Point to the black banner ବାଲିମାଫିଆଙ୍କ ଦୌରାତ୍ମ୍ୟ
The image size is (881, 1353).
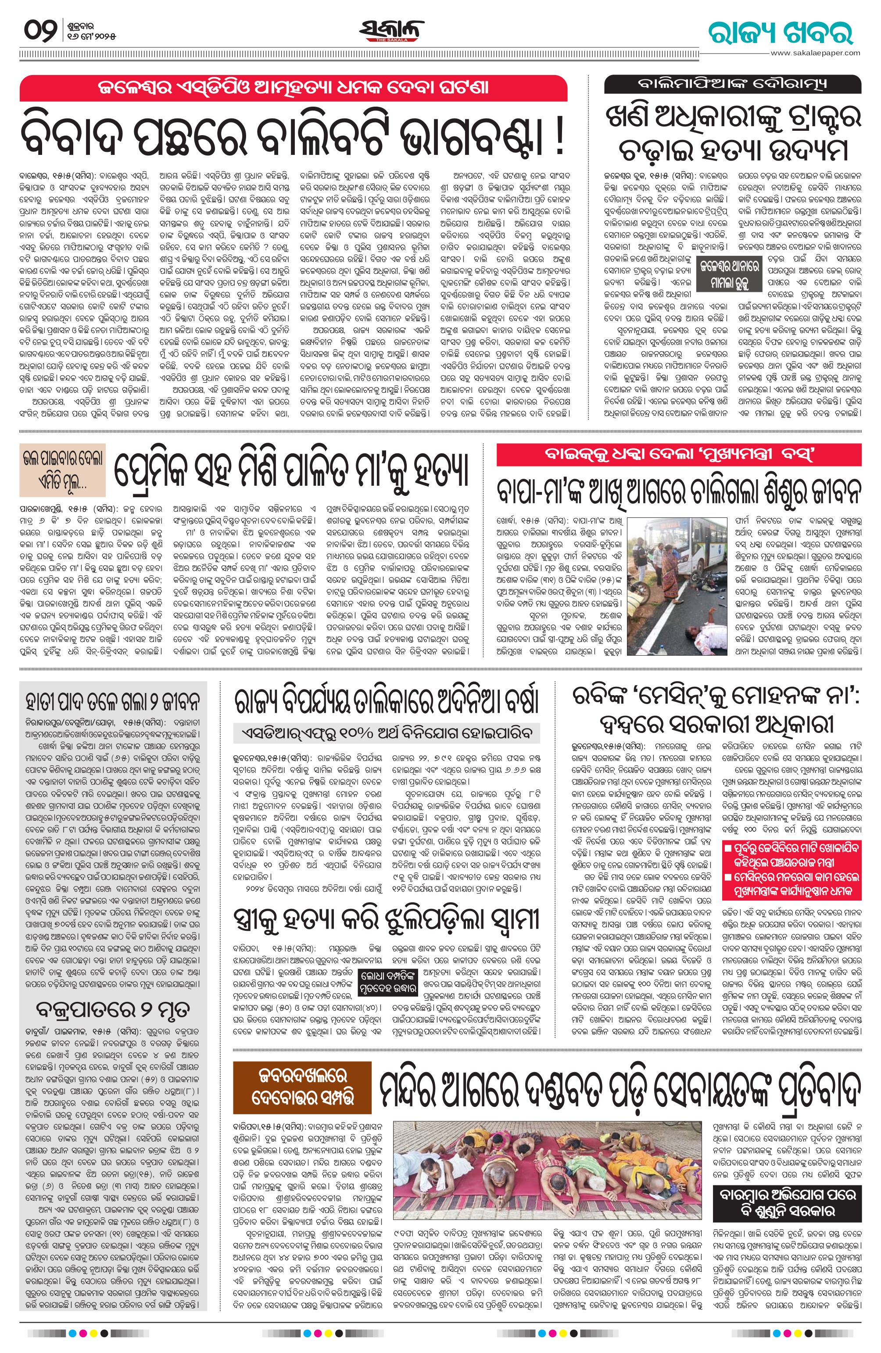click(733, 84)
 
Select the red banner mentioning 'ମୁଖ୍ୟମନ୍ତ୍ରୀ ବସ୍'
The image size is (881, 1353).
click(679, 455)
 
